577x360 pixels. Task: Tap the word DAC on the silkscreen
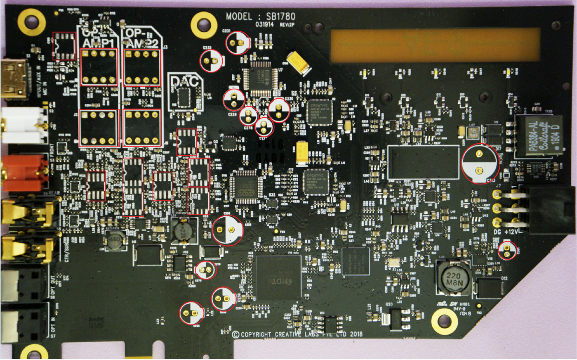click(186, 81)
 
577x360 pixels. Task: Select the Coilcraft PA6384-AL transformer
click(539, 136)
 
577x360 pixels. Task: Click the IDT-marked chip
click(279, 278)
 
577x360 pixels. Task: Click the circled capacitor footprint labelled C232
click(212, 61)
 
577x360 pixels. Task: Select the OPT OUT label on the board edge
click(52, 286)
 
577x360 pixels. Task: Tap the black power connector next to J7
click(548, 209)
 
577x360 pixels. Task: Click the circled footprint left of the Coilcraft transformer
click(480, 164)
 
